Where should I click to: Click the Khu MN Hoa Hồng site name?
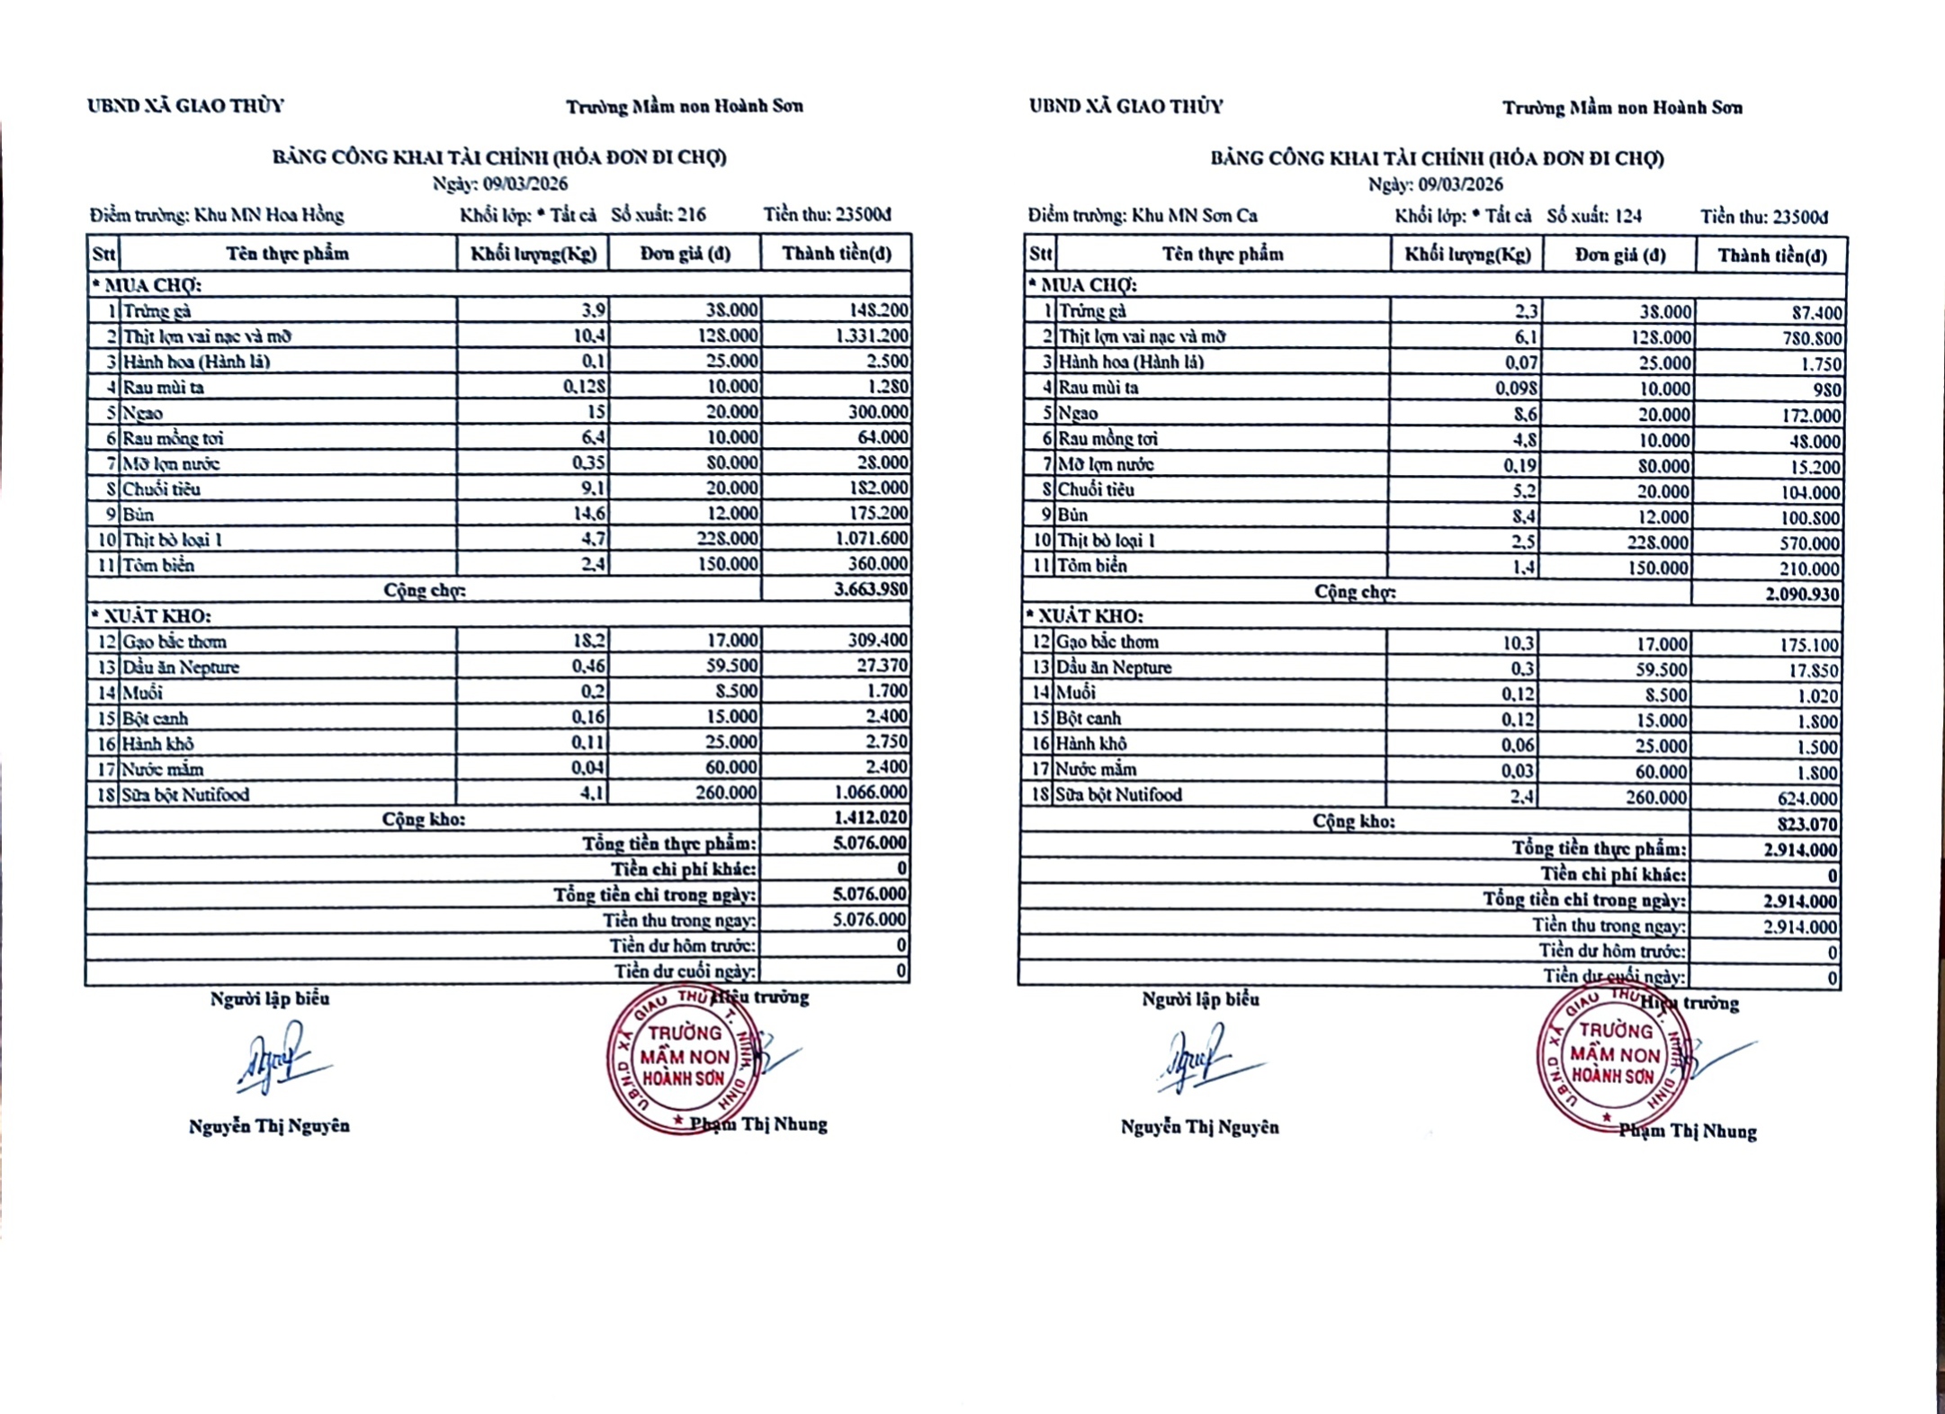(269, 215)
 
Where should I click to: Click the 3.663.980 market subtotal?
(870, 590)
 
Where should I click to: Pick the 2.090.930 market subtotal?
(1802, 595)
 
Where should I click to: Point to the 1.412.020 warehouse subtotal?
(870, 818)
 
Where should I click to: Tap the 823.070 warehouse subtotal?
(1806, 824)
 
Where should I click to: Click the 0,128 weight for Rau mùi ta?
(585, 387)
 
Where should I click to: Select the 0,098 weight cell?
(1516, 389)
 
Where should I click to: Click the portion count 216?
(691, 215)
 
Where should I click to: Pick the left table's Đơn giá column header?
(685, 254)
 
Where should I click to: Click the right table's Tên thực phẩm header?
(1223, 255)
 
